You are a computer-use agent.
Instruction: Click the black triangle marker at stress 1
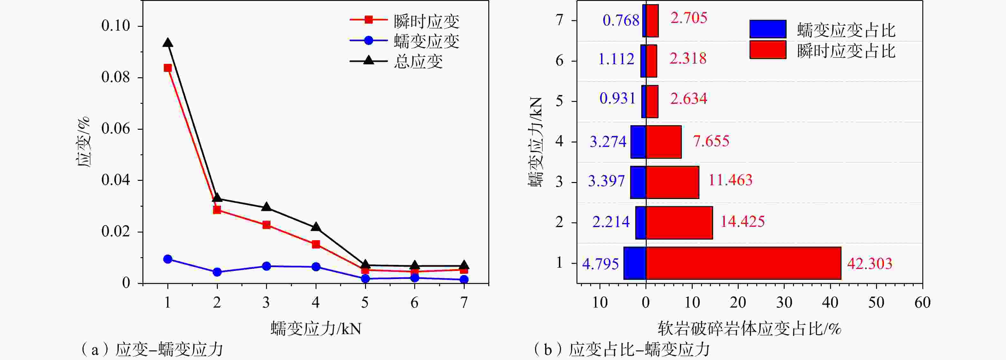(x=168, y=43)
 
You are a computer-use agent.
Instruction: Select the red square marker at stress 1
(x=168, y=68)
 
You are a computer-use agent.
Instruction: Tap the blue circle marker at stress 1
(x=168, y=259)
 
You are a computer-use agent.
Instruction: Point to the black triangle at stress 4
(x=316, y=227)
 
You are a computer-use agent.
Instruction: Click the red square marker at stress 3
(x=266, y=225)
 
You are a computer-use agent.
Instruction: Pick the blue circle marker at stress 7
(x=464, y=279)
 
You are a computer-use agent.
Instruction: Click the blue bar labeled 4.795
(x=635, y=263)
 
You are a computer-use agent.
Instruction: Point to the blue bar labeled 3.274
(x=638, y=142)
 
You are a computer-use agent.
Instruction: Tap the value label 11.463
(x=730, y=180)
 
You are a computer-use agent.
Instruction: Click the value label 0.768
(x=621, y=20)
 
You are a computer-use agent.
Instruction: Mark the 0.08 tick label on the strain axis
(x=116, y=77)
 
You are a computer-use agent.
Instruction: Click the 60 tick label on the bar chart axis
(x=922, y=303)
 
